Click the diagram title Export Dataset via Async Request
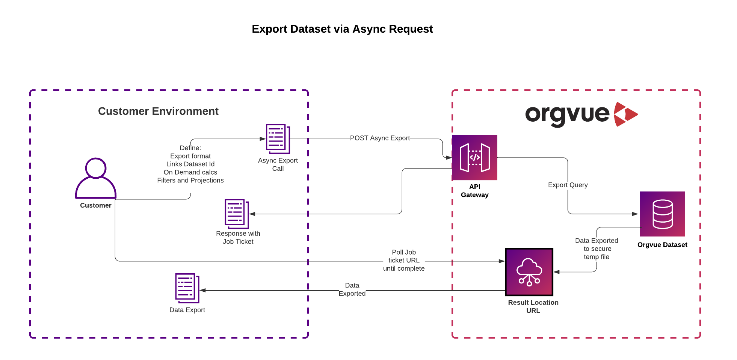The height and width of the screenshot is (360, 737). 342,29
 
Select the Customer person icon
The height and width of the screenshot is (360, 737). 96,178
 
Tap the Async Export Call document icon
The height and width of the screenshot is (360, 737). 278,139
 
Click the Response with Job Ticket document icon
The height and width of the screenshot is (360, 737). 237,214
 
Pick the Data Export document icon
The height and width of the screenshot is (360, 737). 187,288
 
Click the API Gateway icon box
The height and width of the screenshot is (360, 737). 474,158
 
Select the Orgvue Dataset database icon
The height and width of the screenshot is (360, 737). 662,214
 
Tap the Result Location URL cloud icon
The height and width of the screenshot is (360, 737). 529,272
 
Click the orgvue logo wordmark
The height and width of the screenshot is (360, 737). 567,114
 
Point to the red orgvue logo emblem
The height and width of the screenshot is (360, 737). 625,114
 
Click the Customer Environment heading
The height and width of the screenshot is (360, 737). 158,111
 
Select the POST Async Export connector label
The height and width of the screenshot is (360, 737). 380,138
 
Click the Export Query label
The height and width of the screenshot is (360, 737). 568,185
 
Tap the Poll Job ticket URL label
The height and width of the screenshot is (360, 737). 404,260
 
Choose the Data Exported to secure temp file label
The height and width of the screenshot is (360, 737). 597,249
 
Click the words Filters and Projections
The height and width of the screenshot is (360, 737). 190,181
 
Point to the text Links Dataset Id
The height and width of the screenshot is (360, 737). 190,164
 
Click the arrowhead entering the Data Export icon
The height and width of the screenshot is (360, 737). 202,290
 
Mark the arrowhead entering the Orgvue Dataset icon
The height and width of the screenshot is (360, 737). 635,214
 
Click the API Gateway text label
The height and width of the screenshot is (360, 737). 475,191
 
